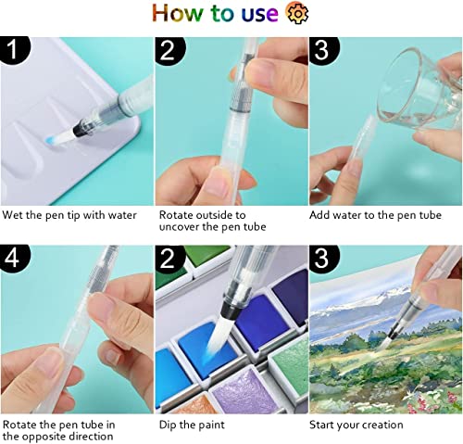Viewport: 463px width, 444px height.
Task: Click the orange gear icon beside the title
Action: click(x=296, y=14)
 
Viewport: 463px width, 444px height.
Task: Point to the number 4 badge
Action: click(x=17, y=262)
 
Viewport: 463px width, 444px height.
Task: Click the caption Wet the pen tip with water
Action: click(x=69, y=215)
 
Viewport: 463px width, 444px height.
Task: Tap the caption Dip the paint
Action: click(x=190, y=425)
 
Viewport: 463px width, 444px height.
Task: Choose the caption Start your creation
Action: click(x=357, y=425)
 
